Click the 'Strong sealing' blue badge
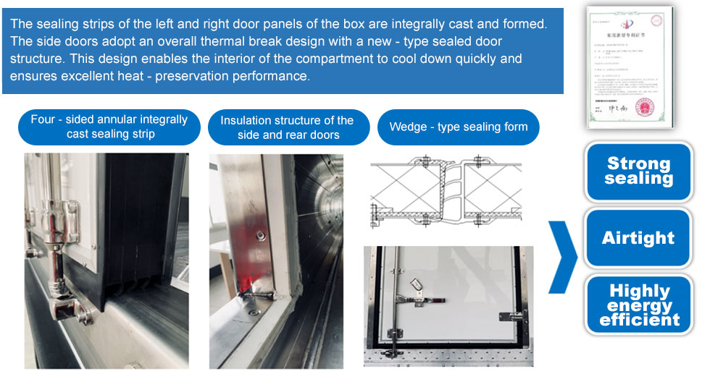639,171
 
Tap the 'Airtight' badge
639,238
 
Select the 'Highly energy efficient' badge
639,305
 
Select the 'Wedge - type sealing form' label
459,127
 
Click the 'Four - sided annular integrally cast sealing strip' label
109,127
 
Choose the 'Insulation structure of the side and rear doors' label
287,127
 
